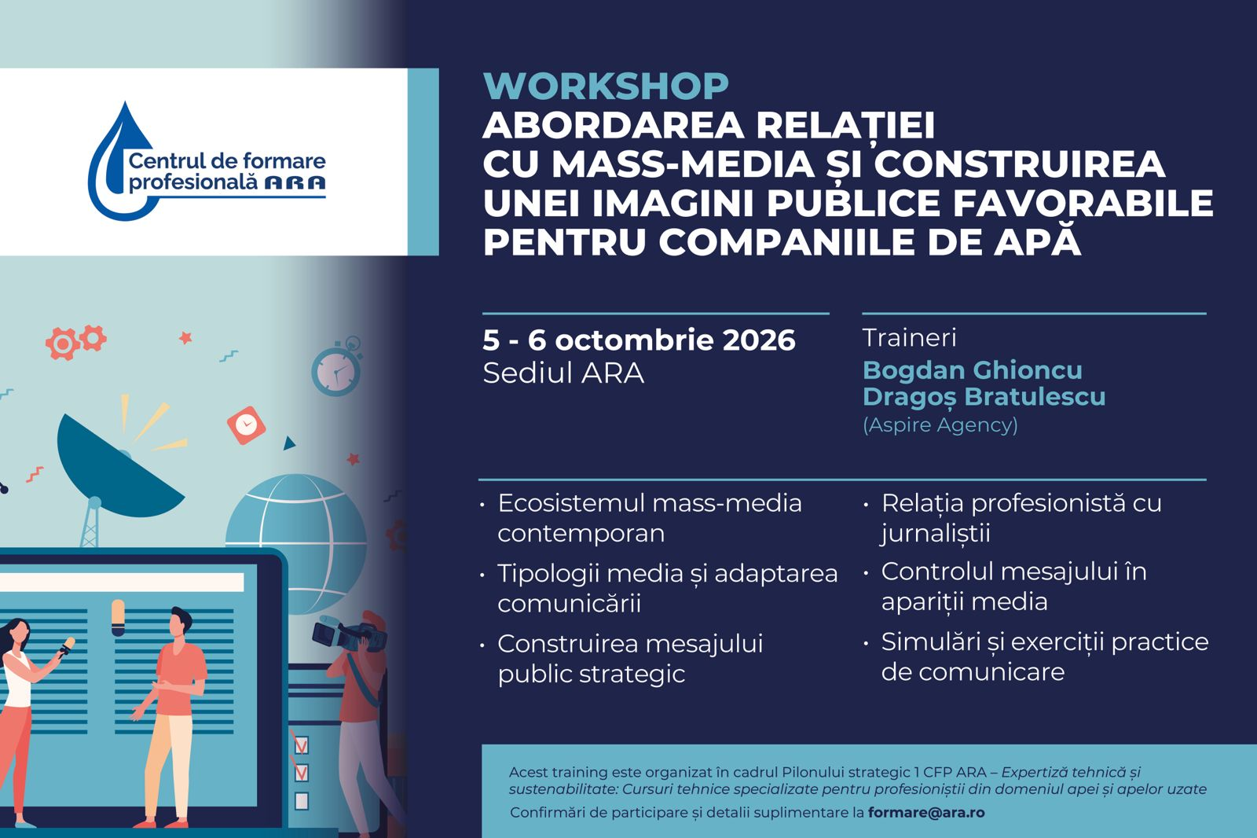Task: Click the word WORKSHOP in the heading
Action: (606, 86)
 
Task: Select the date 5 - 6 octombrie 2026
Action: (639, 340)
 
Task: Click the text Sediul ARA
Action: (563, 373)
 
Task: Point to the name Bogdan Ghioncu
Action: (973, 369)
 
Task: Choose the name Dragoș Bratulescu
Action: (984, 396)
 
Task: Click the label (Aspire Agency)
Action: (940, 425)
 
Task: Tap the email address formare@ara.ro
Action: (926, 812)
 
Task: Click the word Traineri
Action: (909, 338)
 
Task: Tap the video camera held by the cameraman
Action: (349, 633)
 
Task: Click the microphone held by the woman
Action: (65, 646)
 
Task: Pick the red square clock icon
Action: (246, 425)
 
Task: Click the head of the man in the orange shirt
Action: (181, 623)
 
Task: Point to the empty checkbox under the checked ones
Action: (302, 801)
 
